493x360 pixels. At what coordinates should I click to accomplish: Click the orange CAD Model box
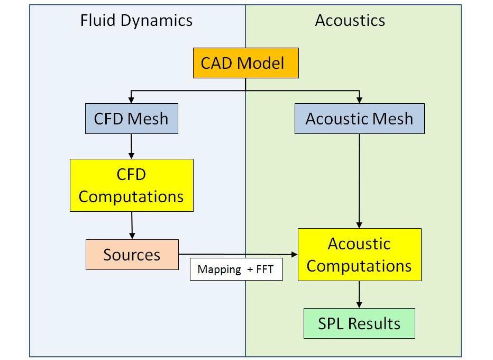pyautogui.click(x=246, y=63)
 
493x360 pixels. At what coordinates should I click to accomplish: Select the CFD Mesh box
pyautogui.click(x=132, y=119)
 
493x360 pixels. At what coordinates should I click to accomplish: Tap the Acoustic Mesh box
pyautogui.click(x=360, y=119)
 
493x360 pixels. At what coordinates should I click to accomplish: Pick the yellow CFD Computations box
pyautogui.click(x=132, y=185)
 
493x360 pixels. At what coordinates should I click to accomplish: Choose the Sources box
pyautogui.click(x=132, y=255)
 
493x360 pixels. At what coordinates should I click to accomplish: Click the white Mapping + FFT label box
pyautogui.click(x=236, y=269)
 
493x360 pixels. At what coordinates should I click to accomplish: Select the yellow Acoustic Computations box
pyautogui.click(x=360, y=255)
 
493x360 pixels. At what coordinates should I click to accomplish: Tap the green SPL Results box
pyautogui.click(x=359, y=323)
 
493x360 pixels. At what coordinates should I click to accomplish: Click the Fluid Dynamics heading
pyautogui.click(x=136, y=21)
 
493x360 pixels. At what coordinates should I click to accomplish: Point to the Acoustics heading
pyautogui.click(x=350, y=21)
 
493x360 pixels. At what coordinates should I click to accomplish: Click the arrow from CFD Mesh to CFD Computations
pyautogui.click(x=131, y=146)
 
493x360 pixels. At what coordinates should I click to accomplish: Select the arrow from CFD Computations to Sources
pyautogui.click(x=132, y=226)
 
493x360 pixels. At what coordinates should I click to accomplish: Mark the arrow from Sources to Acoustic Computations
pyautogui.click(x=238, y=254)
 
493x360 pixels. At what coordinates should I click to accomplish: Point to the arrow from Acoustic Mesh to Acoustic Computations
pyautogui.click(x=359, y=181)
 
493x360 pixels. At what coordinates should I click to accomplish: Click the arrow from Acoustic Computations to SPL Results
pyautogui.click(x=359, y=294)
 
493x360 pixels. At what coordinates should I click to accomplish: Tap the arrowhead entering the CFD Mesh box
pyautogui.click(x=131, y=100)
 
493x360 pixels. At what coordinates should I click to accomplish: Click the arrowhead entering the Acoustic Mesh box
pyautogui.click(x=359, y=100)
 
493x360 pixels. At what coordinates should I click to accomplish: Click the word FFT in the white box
pyautogui.click(x=264, y=269)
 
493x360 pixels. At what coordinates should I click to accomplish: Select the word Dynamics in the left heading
pyautogui.click(x=156, y=21)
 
